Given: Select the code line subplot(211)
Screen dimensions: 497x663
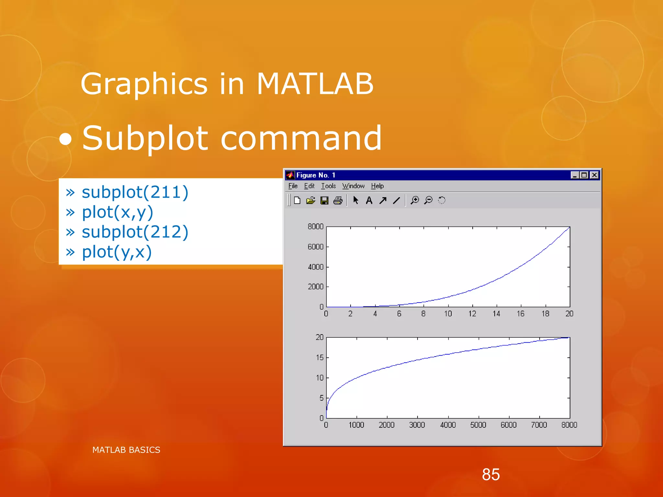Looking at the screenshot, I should pyautogui.click(x=135, y=192).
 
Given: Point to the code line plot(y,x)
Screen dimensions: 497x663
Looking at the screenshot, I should pyautogui.click(x=117, y=252).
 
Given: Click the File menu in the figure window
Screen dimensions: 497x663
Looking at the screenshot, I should pyautogui.click(x=293, y=186).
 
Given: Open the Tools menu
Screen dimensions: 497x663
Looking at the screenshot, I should pyautogui.click(x=328, y=186).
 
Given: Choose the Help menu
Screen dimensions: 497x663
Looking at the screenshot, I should pyautogui.click(x=377, y=186).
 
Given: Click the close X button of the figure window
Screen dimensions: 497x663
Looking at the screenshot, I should pyautogui.click(x=594, y=175).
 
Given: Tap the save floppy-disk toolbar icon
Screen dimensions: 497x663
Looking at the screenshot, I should pyautogui.click(x=324, y=201).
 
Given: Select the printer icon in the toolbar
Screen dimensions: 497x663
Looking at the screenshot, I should pyautogui.click(x=338, y=201).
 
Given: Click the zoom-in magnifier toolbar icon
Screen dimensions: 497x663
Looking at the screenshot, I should pyautogui.click(x=414, y=200).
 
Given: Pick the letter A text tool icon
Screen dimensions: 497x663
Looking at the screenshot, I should pyautogui.click(x=369, y=201).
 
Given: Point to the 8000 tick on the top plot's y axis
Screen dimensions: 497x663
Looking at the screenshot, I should pyautogui.click(x=315, y=226).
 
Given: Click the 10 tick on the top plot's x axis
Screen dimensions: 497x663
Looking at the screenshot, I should pyautogui.click(x=448, y=314).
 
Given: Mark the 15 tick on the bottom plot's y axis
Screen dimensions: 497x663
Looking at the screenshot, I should pyautogui.click(x=320, y=358).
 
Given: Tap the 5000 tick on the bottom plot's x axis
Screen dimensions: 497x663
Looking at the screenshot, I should pyautogui.click(x=478, y=425).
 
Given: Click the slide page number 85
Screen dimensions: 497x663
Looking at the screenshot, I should pyautogui.click(x=491, y=475).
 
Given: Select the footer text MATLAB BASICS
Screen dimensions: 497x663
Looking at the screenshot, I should pyautogui.click(x=126, y=450).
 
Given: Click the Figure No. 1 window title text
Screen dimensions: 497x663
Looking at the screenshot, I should pyautogui.click(x=316, y=175).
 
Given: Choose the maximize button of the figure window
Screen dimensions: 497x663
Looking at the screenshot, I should pyautogui.click(x=584, y=175).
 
